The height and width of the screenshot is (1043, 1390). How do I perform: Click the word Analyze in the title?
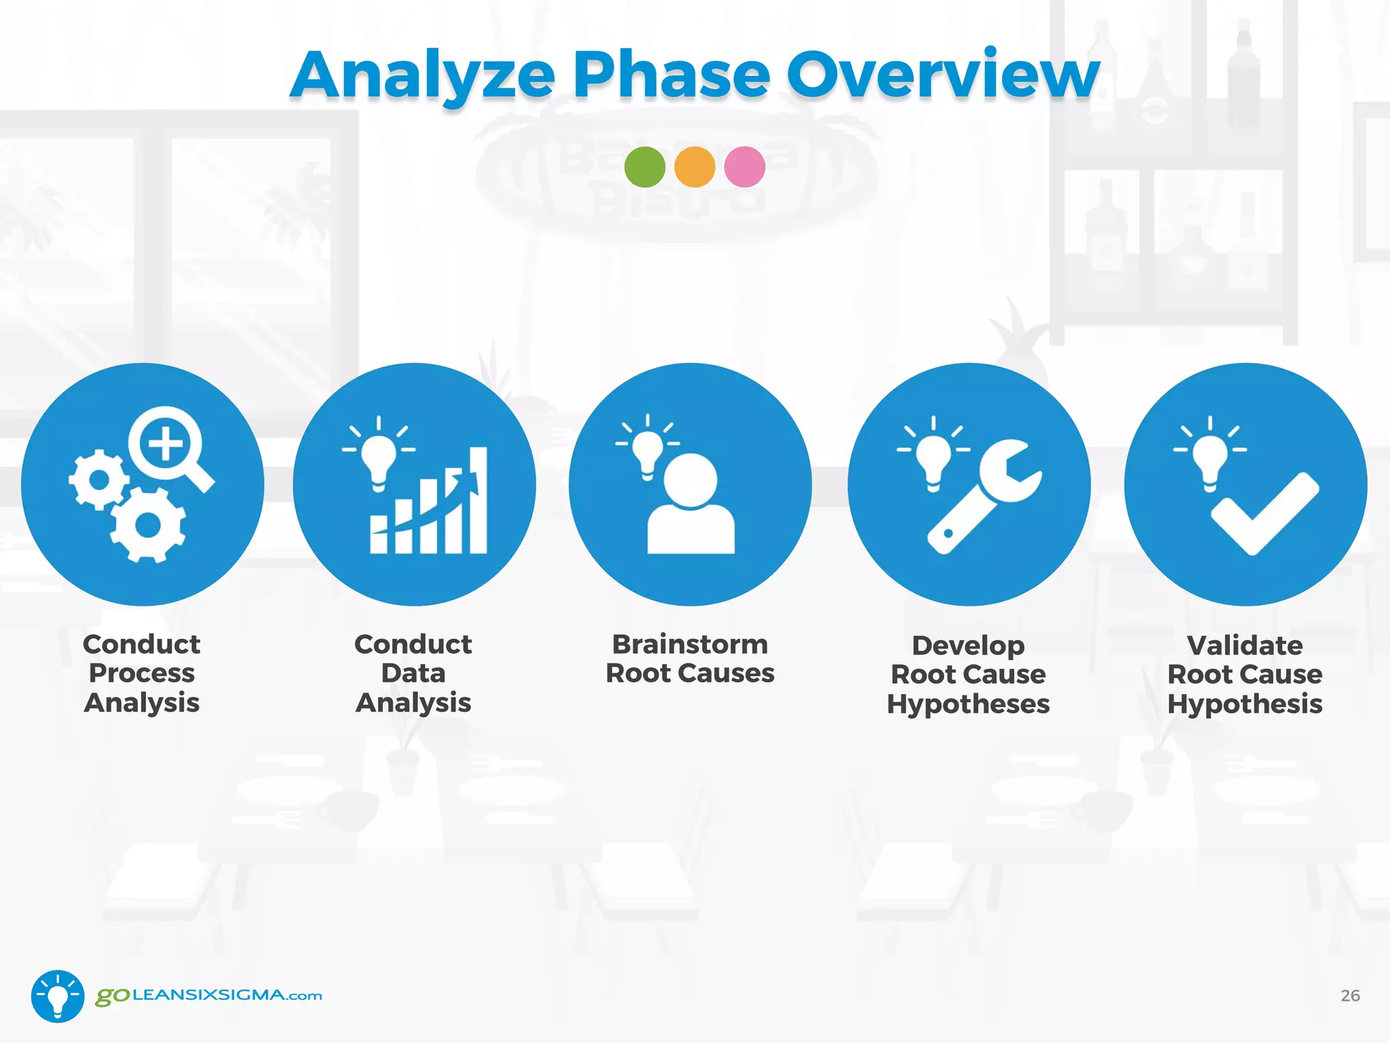[x=422, y=76]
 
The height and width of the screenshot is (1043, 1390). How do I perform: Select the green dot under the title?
[x=644, y=167]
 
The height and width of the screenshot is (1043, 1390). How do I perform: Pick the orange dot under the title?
[x=694, y=167]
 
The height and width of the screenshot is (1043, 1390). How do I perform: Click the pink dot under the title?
[x=745, y=167]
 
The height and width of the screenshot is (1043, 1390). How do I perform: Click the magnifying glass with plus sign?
[x=168, y=446]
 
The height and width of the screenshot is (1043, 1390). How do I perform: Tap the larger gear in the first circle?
[x=148, y=524]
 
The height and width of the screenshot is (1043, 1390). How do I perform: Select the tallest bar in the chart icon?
[x=478, y=500]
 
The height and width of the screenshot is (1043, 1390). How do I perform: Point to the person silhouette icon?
[x=691, y=506]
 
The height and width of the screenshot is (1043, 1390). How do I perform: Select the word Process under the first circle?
[x=142, y=674]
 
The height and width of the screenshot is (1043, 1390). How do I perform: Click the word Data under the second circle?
[x=413, y=674]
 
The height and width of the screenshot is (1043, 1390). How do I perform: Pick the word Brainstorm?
[x=690, y=644]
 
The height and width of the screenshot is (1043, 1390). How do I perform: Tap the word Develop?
[x=968, y=645]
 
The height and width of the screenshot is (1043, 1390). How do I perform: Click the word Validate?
[x=1244, y=645]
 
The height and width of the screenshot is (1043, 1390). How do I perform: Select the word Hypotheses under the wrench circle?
[x=968, y=704]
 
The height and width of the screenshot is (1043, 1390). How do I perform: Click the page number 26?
[x=1350, y=995]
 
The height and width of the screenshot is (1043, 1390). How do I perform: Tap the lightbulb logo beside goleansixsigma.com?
[x=58, y=995]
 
